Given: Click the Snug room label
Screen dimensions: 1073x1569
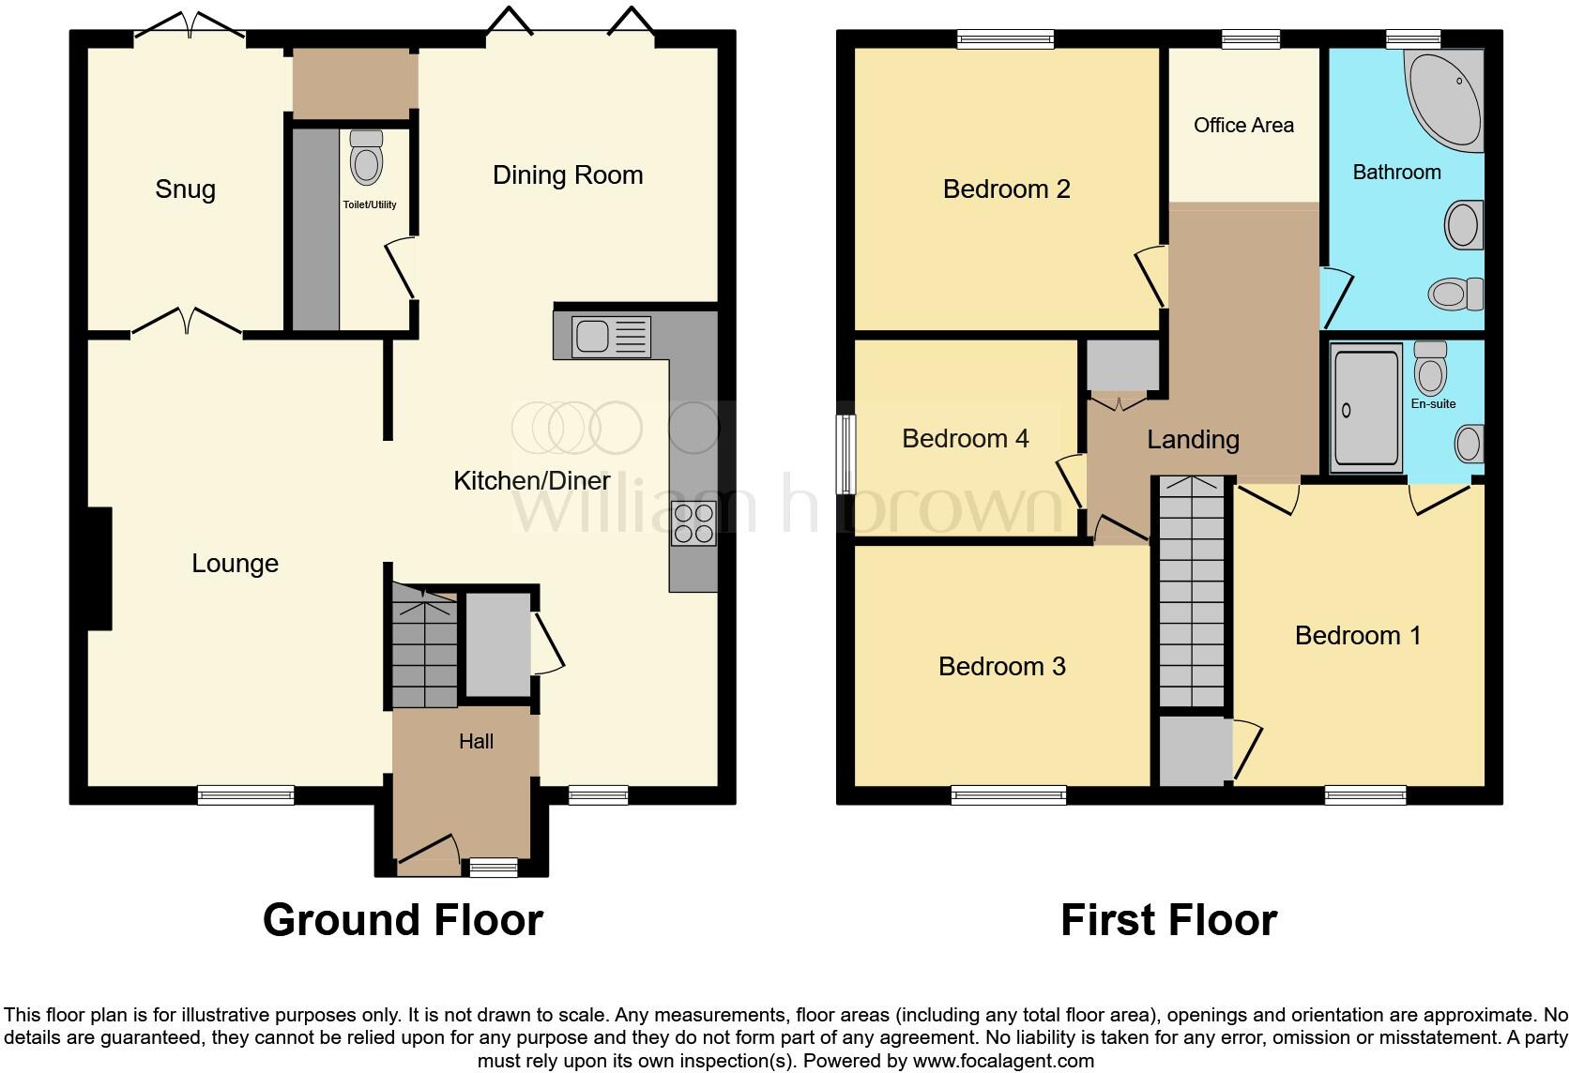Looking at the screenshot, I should pyautogui.click(x=185, y=189).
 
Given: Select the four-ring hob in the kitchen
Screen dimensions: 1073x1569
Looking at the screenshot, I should pyautogui.click(x=693, y=523).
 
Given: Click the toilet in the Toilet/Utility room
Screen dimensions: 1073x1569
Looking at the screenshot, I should pyautogui.click(x=366, y=159).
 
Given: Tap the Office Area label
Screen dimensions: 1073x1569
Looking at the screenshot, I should pyautogui.click(x=1243, y=126).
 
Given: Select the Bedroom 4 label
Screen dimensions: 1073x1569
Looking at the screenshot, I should pyautogui.click(x=965, y=438).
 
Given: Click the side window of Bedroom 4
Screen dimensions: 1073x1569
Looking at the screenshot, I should pyautogui.click(x=846, y=454).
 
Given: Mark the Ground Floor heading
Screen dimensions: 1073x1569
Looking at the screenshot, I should pyautogui.click(x=403, y=920).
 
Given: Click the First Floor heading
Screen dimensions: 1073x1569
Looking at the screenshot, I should pyautogui.click(x=1168, y=920).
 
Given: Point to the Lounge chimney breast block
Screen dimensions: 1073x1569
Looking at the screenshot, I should pyautogui.click(x=99, y=568).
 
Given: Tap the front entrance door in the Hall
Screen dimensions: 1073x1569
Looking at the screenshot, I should pyautogui.click(x=427, y=849).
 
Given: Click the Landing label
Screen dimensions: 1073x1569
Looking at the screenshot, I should pyautogui.click(x=1193, y=439).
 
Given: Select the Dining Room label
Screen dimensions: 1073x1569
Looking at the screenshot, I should pyautogui.click(x=568, y=175).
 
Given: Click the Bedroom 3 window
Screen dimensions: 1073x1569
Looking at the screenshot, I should pyautogui.click(x=1009, y=796).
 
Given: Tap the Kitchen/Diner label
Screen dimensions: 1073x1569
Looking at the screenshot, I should pyautogui.click(x=532, y=481).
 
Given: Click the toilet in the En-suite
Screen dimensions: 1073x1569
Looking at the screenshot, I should pyautogui.click(x=1430, y=369).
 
